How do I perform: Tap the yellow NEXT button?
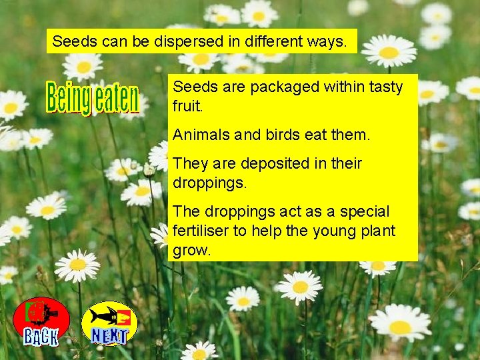pos(109,323)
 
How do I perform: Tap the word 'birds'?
pos(282,135)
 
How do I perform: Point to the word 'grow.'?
pos(192,251)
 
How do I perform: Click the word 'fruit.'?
pos(187,106)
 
